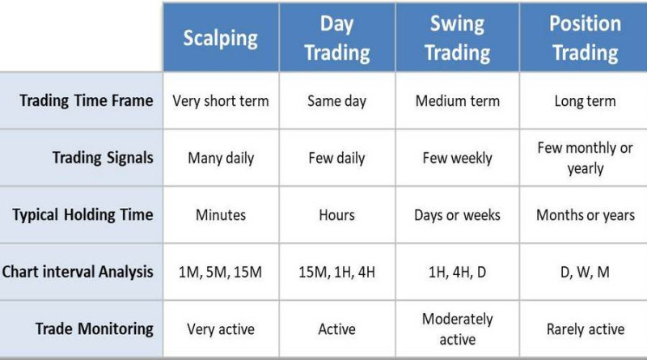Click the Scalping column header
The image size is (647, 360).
pos(220,38)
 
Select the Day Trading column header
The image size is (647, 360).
pos(336,38)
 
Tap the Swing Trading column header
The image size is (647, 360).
pos(457,38)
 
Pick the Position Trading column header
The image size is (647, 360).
pos(585,38)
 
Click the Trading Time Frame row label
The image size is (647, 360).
pos(87,101)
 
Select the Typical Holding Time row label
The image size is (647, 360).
pos(82,215)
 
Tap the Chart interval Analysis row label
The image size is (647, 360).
pos(78,272)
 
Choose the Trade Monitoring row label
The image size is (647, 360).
pos(94,328)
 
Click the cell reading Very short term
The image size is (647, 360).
pos(221,101)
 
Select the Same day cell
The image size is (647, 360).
pos(336,101)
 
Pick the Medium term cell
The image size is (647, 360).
pos(457,101)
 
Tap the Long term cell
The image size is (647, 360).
pos(585,101)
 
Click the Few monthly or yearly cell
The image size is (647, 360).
pos(585,158)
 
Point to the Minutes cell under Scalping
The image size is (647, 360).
pos(221,215)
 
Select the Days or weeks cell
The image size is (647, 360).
pos(457,215)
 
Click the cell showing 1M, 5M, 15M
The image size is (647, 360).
pos(221,272)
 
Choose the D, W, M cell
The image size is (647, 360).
pos(585,272)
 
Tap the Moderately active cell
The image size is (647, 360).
pos(457,328)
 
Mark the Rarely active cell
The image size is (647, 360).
pos(585,328)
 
